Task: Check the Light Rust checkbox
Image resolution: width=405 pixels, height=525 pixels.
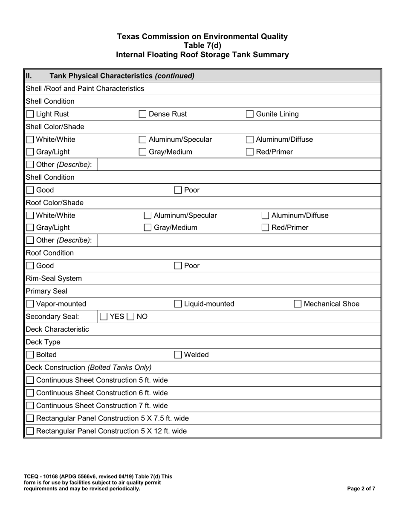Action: pos(30,114)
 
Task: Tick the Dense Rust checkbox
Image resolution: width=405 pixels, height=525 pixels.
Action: pos(143,114)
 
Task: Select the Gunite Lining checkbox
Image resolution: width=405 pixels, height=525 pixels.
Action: pos(250,114)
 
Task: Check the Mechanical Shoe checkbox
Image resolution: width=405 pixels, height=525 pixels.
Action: pos(298,304)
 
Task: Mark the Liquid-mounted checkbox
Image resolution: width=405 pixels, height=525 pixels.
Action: pos(179,304)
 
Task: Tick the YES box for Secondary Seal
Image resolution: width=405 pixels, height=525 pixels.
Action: pos(104,317)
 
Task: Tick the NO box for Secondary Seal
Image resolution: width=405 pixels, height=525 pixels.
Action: pos(130,317)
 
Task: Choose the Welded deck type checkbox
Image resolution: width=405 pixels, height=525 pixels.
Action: pos(179,355)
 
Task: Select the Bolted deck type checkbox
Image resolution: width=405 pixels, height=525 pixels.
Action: pos(30,355)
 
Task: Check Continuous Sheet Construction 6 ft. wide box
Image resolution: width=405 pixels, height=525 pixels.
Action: pos(30,393)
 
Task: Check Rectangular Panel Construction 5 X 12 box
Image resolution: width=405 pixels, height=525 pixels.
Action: pos(30,431)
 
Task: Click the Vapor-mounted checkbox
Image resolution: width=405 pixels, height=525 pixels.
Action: pos(30,304)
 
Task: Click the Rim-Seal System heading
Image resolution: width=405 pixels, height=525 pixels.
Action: pos(54,279)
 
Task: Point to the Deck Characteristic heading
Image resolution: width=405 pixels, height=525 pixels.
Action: pos(58,330)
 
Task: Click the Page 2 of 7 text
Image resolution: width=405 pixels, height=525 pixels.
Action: pos(361,489)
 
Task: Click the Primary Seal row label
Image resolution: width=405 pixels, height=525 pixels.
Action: pos(46,292)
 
